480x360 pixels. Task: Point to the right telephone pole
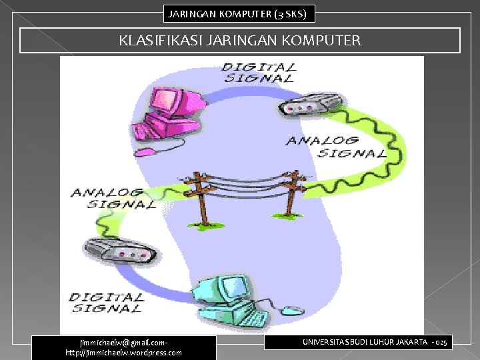(x=291, y=193)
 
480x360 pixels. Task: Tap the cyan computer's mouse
(x=291, y=310)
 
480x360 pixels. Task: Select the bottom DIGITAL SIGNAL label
(x=107, y=302)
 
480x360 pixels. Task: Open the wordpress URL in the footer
(x=123, y=353)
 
